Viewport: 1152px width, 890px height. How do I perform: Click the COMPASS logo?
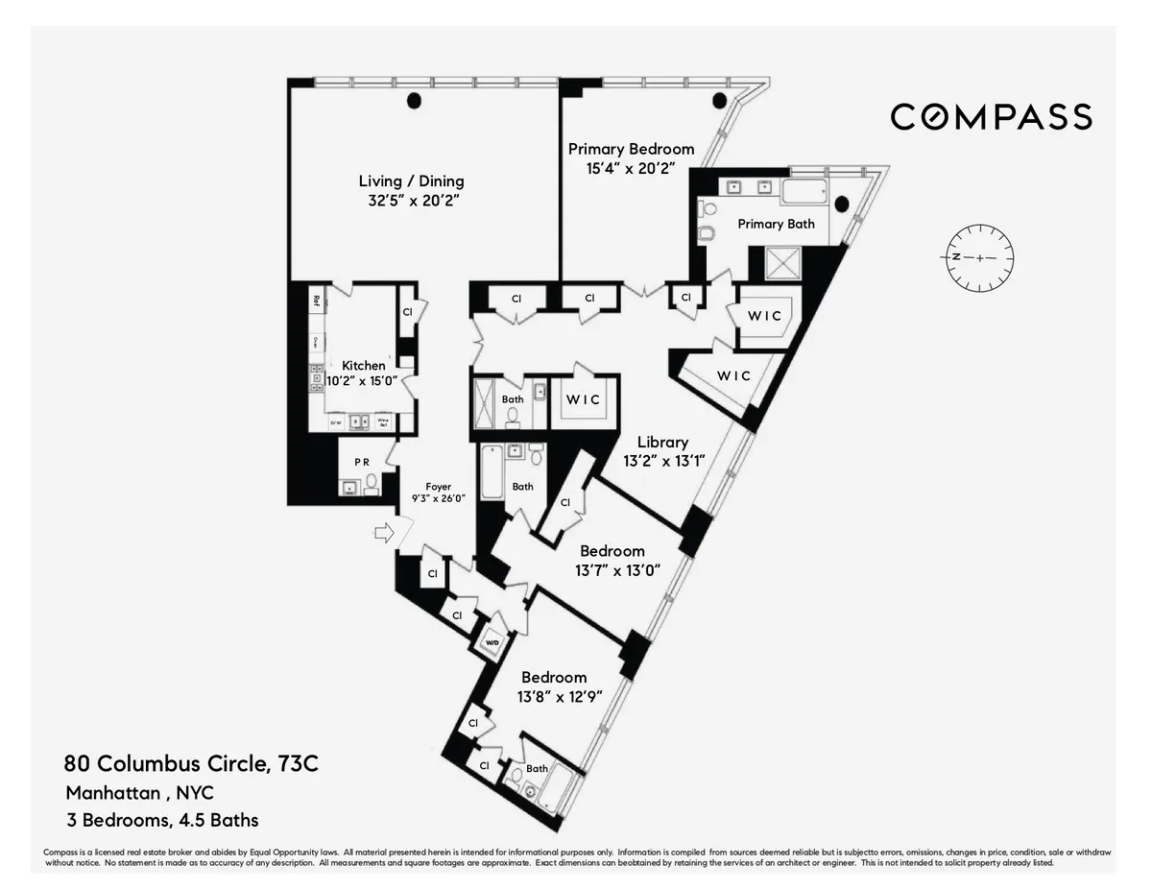(991, 117)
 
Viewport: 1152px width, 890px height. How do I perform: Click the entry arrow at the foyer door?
(383, 534)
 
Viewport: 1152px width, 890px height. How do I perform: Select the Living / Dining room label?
(411, 181)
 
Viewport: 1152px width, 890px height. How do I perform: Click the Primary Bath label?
(776, 224)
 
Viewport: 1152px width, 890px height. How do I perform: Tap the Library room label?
(663, 443)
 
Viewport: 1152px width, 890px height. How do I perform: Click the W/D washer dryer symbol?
(492, 643)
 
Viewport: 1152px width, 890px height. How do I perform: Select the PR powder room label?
(362, 462)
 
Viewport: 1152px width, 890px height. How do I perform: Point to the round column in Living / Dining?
(414, 100)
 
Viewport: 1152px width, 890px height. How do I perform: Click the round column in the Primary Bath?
(842, 204)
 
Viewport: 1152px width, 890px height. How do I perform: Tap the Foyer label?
(439, 487)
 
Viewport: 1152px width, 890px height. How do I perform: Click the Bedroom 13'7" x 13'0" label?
(612, 551)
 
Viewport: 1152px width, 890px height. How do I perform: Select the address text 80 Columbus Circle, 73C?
(191, 764)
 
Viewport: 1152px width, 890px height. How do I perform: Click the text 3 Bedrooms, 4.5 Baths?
(162, 820)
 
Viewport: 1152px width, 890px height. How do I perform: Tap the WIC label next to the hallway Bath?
(582, 399)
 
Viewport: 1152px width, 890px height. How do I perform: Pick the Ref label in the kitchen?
(316, 300)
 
